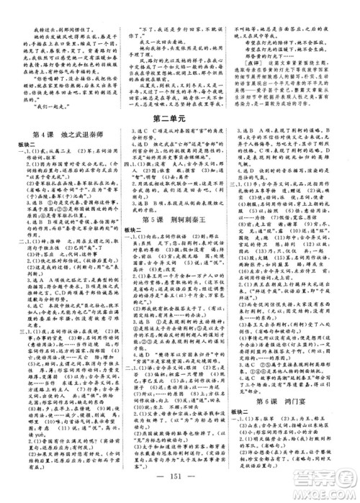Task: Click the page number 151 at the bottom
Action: [179, 482]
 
